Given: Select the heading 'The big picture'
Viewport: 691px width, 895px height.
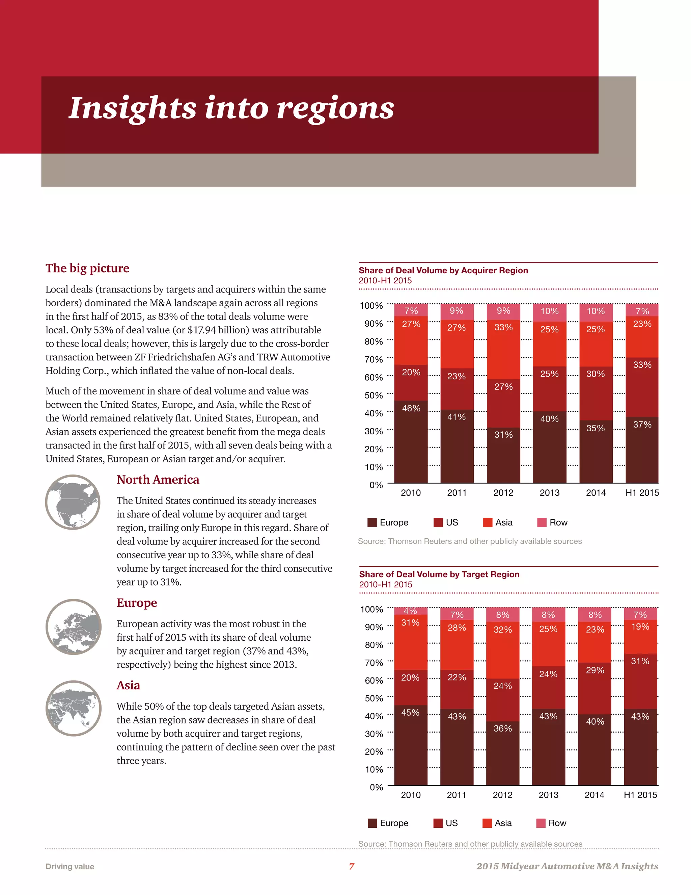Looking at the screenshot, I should click(87, 268).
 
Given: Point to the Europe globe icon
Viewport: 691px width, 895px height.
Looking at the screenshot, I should click(74, 626).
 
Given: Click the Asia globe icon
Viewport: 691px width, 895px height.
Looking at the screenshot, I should click(74, 708).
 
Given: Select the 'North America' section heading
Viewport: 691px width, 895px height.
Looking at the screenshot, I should click(158, 480).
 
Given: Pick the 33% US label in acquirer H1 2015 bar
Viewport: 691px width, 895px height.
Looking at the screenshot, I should click(642, 365).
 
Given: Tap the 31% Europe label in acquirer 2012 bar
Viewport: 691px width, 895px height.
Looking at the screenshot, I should click(503, 435).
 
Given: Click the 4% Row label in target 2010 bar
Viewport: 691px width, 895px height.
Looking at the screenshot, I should click(410, 611).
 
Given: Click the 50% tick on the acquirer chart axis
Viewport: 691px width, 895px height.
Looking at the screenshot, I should click(374, 395).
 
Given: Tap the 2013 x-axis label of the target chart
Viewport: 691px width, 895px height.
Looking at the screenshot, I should click(549, 795).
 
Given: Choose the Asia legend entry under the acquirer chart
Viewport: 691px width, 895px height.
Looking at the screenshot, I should click(498, 522).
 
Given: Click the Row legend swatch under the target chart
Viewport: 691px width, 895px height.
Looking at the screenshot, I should click(541, 823).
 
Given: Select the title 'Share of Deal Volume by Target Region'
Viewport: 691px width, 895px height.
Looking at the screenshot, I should click(439, 574).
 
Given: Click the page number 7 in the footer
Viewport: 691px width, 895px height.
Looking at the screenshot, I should click(352, 866).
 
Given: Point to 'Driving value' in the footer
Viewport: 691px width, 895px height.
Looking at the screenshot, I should click(70, 867).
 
